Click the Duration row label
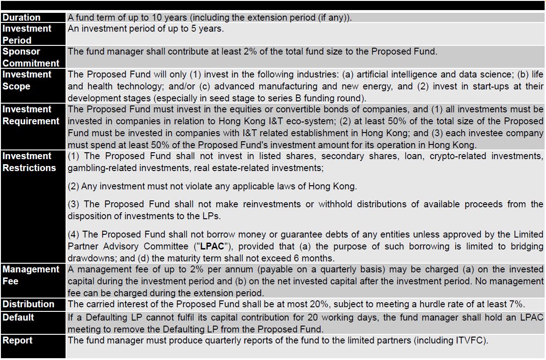point(22,18)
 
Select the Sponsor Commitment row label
point(31,57)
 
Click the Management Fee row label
point(31,275)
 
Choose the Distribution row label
point(28,305)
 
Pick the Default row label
point(18,317)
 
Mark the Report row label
point(17,340)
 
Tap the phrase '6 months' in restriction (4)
point(317,258)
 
